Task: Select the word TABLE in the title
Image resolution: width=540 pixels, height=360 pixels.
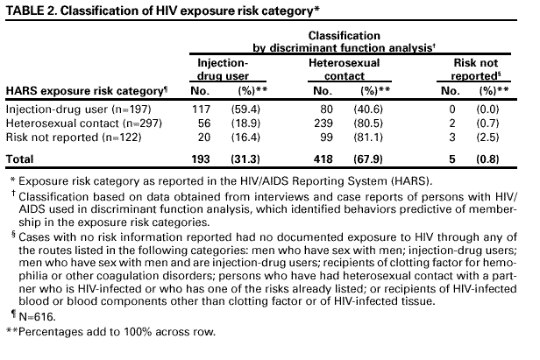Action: (x=25, y=11)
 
